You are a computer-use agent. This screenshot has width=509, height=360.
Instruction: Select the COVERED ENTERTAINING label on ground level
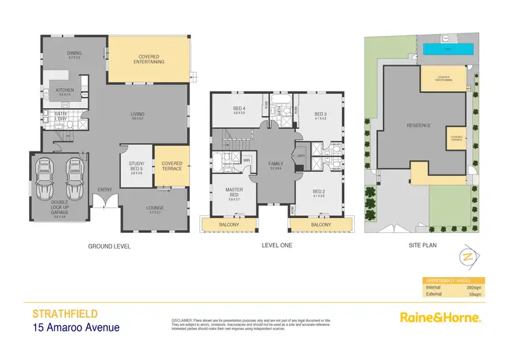tap(151, 60)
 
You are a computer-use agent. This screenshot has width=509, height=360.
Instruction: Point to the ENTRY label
tap(105, 190)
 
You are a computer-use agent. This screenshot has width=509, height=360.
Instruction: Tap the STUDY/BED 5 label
tap(138, 164)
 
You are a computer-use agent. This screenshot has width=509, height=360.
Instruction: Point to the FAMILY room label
tap(276, 164)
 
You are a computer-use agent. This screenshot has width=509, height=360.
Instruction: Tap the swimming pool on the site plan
tap(448, 50)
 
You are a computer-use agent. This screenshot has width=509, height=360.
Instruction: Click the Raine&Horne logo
tap(440, 317)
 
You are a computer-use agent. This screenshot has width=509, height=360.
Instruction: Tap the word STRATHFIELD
tap(65, 314)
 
